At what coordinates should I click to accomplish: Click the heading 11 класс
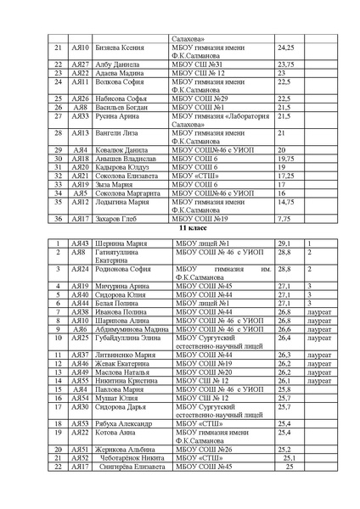point(188,230)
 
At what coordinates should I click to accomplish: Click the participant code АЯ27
point(81,64)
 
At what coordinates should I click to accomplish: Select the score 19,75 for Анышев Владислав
point(286,158)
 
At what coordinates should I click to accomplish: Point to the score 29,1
point(285,243)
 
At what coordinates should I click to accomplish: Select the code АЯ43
point(81,243)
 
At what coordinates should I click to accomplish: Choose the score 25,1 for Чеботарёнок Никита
point(287,458)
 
